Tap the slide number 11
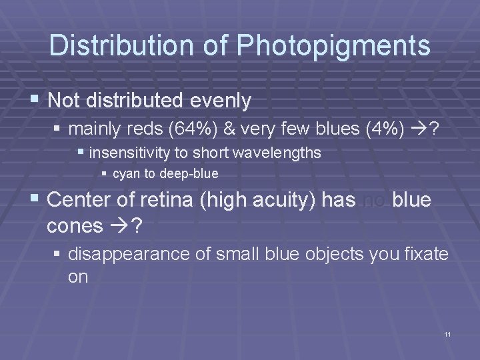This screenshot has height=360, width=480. point(447,333)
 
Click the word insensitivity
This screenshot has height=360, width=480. point(129,153)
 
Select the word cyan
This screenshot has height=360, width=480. point(127,175)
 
